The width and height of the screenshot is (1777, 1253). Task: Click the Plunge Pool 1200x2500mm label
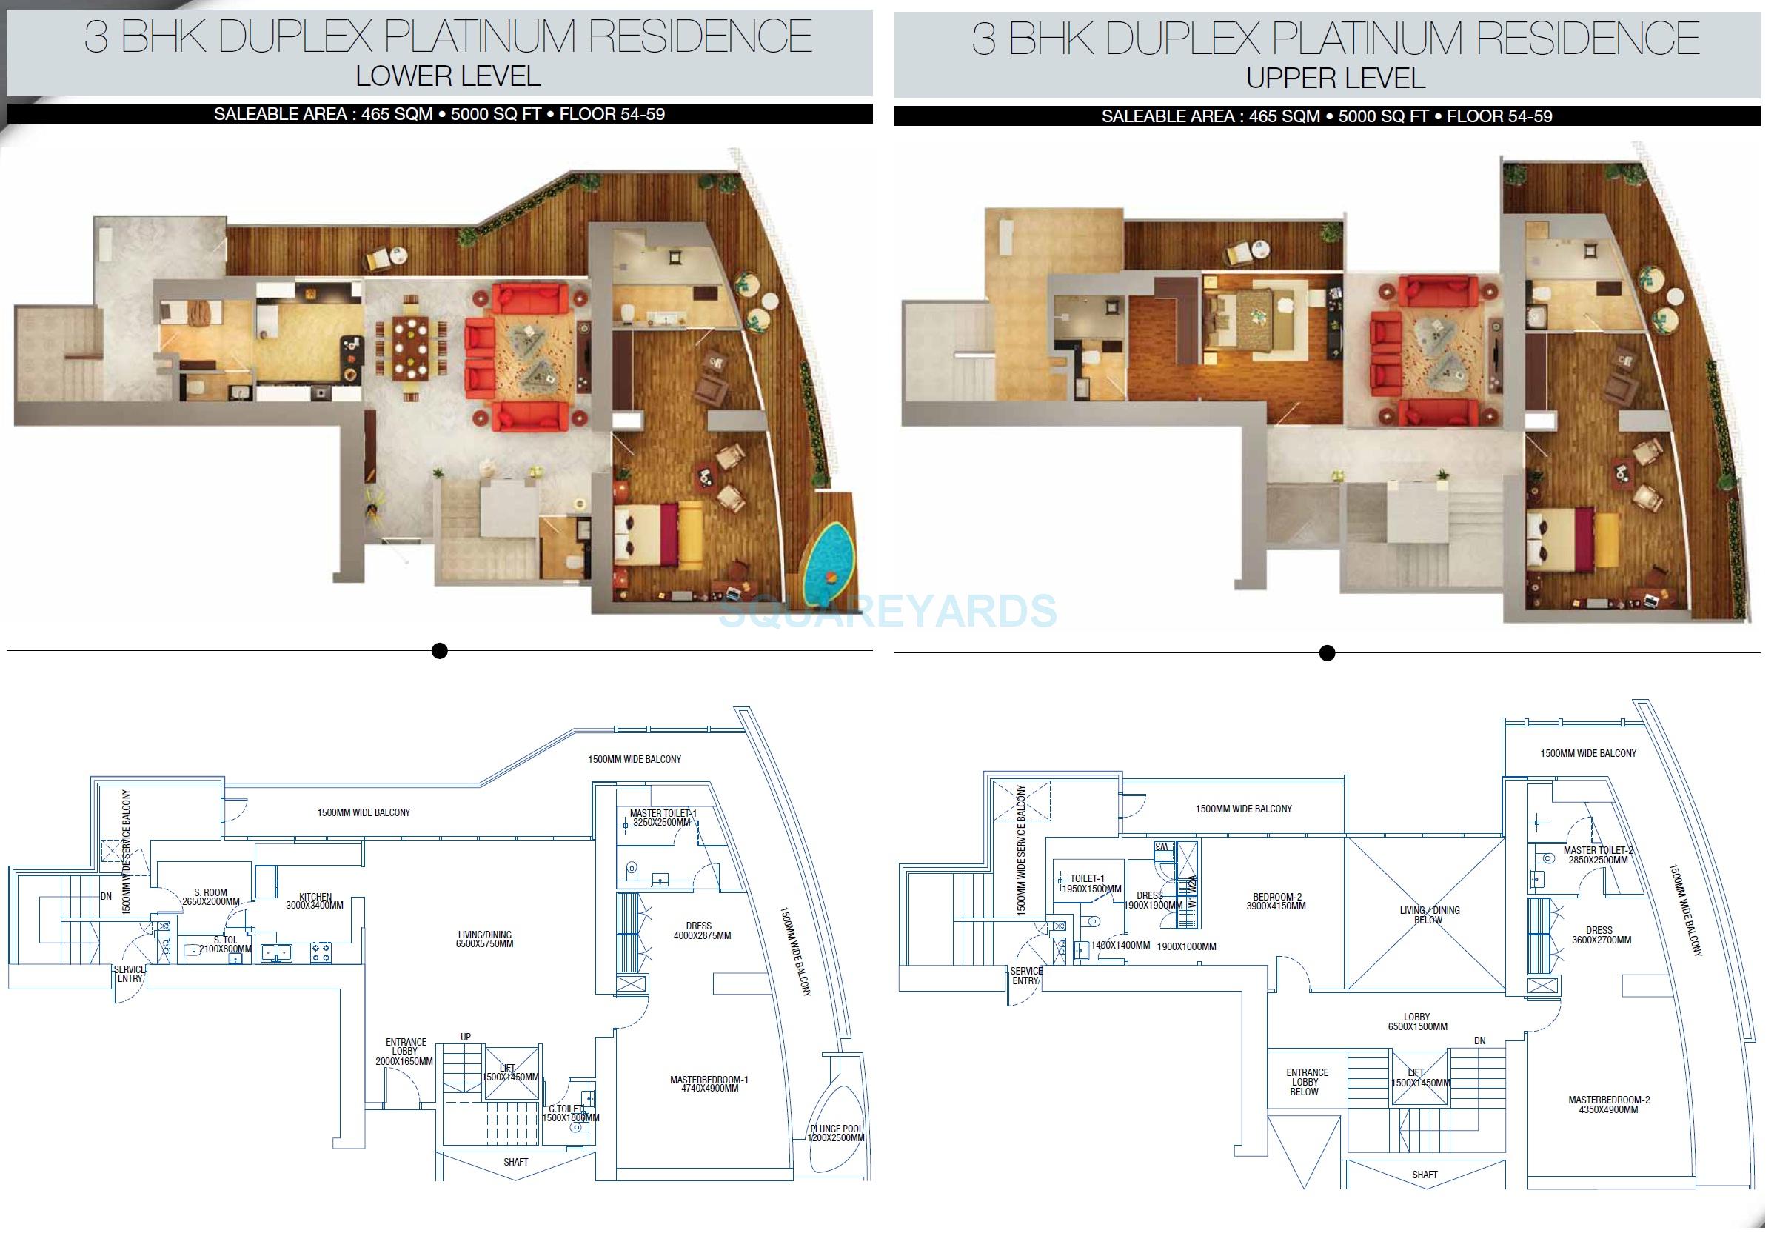pos(836,1134)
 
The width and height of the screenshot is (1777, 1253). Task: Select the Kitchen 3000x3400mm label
pos(315,901)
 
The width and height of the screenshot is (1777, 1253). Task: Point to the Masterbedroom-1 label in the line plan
pos(709,1083)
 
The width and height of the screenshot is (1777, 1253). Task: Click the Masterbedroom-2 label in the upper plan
pos(1608,1104)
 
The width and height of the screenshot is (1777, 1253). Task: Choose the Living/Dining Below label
pos(1430,915)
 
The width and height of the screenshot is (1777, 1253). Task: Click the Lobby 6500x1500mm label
pos(1417,1022)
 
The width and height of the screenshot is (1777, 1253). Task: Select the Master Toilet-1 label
pos(663,818)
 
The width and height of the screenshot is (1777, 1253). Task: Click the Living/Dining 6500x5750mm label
pos(485,940)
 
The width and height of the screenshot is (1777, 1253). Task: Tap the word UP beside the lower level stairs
pos(465,1037)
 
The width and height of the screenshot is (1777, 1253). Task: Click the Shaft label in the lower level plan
pos(515,1162)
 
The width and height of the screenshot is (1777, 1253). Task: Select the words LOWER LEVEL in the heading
pos(447,76)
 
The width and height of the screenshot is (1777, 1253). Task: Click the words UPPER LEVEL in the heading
pos(1335,78)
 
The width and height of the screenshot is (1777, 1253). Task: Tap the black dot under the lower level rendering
pos(440,651)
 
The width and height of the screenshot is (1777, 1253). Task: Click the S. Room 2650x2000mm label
pos(210,897)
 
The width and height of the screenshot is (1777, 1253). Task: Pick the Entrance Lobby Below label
pos(1308,1082)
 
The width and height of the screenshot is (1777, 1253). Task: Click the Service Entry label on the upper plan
pos(1026,975)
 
